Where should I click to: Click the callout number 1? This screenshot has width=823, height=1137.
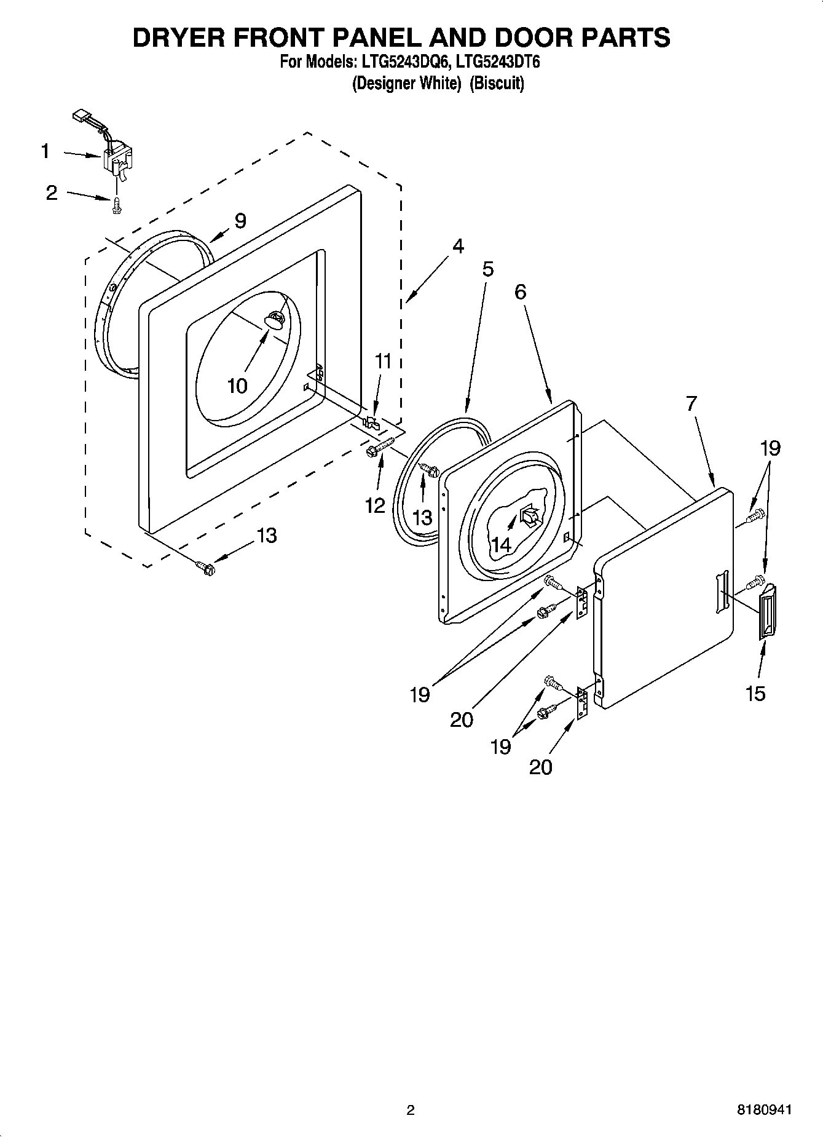pyautogui.click(x=45, y=151)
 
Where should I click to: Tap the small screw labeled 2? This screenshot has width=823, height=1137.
pyautogui.click(x=116, y=207)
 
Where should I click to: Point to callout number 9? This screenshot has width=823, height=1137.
pyautogui.click(x=240, y=220)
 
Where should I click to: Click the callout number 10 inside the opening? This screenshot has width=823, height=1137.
pyautogui.click(x=237, y=386)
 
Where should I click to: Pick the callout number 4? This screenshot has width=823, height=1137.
pyautogui.click(x=457, y=246)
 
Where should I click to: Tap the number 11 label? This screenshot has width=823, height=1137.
pyautogui.click(x=383, y=361)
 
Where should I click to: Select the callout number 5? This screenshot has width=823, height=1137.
pyautogui.click(x=487, y=269)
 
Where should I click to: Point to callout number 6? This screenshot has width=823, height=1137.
pyautogui.click(x=520, y=291)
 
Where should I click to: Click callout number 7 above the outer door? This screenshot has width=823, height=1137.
pyautogui.click(x=691, y=403)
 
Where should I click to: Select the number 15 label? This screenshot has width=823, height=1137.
pyautogui.click(x=755, y=693)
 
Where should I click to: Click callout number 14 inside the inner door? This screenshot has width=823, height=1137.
pyautogui.click(x=500, y=544)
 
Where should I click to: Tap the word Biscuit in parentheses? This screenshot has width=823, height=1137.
pyautogui.click(x=497, y=83)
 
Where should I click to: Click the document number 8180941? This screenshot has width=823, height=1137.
pyautogui.click(x=764, y=1109)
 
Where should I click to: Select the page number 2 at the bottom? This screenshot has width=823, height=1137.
pyautogui.click(x=411, y=1110)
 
